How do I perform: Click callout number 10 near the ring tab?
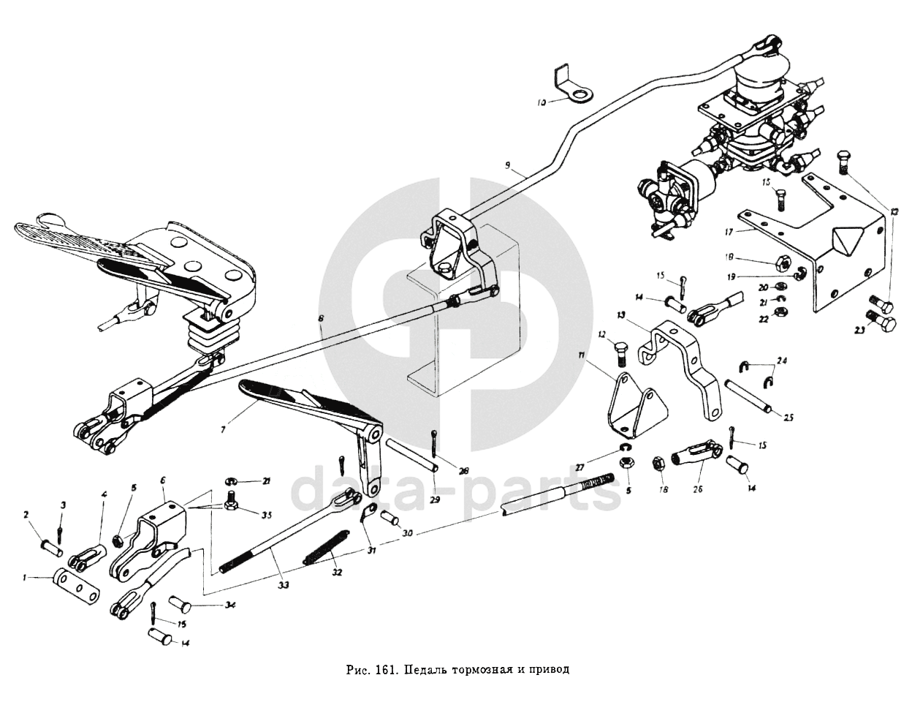pyautogui.click(x=541, y=103)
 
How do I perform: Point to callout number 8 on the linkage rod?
pyautogui.click(x=319, y=319)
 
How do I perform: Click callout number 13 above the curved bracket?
pyautogui.click(x=621, y=315)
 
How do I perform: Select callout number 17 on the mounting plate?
pyautogui.click(x=729, y=232)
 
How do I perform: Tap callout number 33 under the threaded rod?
pyautogui.click(x=283, y=586)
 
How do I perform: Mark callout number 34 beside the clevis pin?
pyautogui.click(x=231, y=605)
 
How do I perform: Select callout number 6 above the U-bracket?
pyautogui.click(x=162, y=480)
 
